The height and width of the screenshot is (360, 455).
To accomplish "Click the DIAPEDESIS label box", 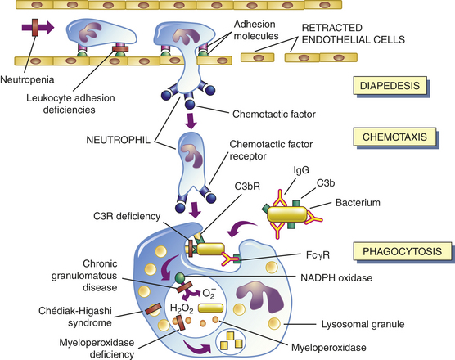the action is (x=390, y=86).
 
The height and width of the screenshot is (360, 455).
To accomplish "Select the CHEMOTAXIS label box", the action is (x=394, y=137).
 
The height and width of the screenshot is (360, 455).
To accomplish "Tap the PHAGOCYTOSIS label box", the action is (x=402, y=251).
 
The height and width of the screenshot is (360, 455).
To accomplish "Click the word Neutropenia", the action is (x=27, y=79).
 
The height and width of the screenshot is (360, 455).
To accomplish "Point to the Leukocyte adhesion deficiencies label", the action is (x=70, y=104).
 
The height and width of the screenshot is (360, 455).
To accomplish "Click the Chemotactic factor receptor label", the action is (x=271, y=150).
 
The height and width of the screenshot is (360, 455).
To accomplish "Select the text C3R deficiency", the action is (x=127, y=216).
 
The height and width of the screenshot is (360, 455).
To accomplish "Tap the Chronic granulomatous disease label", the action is (x=84, y=275).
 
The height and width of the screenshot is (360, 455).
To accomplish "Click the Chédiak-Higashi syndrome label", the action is (x=75, y=317).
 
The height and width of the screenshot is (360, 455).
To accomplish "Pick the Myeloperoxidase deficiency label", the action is (x=97, y=348).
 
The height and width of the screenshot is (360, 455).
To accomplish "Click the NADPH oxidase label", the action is (x=336, y=278).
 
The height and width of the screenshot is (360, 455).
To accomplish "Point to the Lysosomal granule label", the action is (x=363, y=324).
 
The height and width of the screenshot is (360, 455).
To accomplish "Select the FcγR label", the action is (x=318, y=255).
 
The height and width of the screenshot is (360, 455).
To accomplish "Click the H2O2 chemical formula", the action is (x=182, y=308).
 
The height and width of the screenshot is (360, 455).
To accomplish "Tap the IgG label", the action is (x=301, y=170).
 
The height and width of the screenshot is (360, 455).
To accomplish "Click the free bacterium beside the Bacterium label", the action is (x=286, y=215).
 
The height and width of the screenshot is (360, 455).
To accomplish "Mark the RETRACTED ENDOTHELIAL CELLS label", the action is (x=354, y=34).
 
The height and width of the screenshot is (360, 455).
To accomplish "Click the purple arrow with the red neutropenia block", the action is (x=38, y=28).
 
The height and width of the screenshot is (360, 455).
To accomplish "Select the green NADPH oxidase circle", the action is (x=180, y=277).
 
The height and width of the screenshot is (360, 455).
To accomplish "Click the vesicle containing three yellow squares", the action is (x=231, y=340).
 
